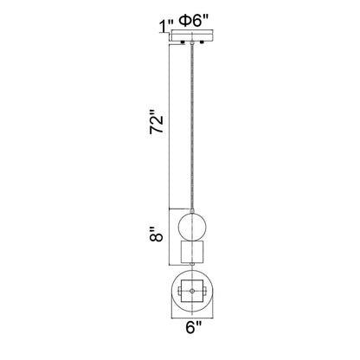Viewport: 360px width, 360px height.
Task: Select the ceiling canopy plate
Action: (x=191, y=37)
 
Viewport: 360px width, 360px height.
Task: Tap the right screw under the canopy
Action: (x=202, y=43)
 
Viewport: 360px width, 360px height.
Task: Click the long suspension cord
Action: (x=191, y=121)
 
